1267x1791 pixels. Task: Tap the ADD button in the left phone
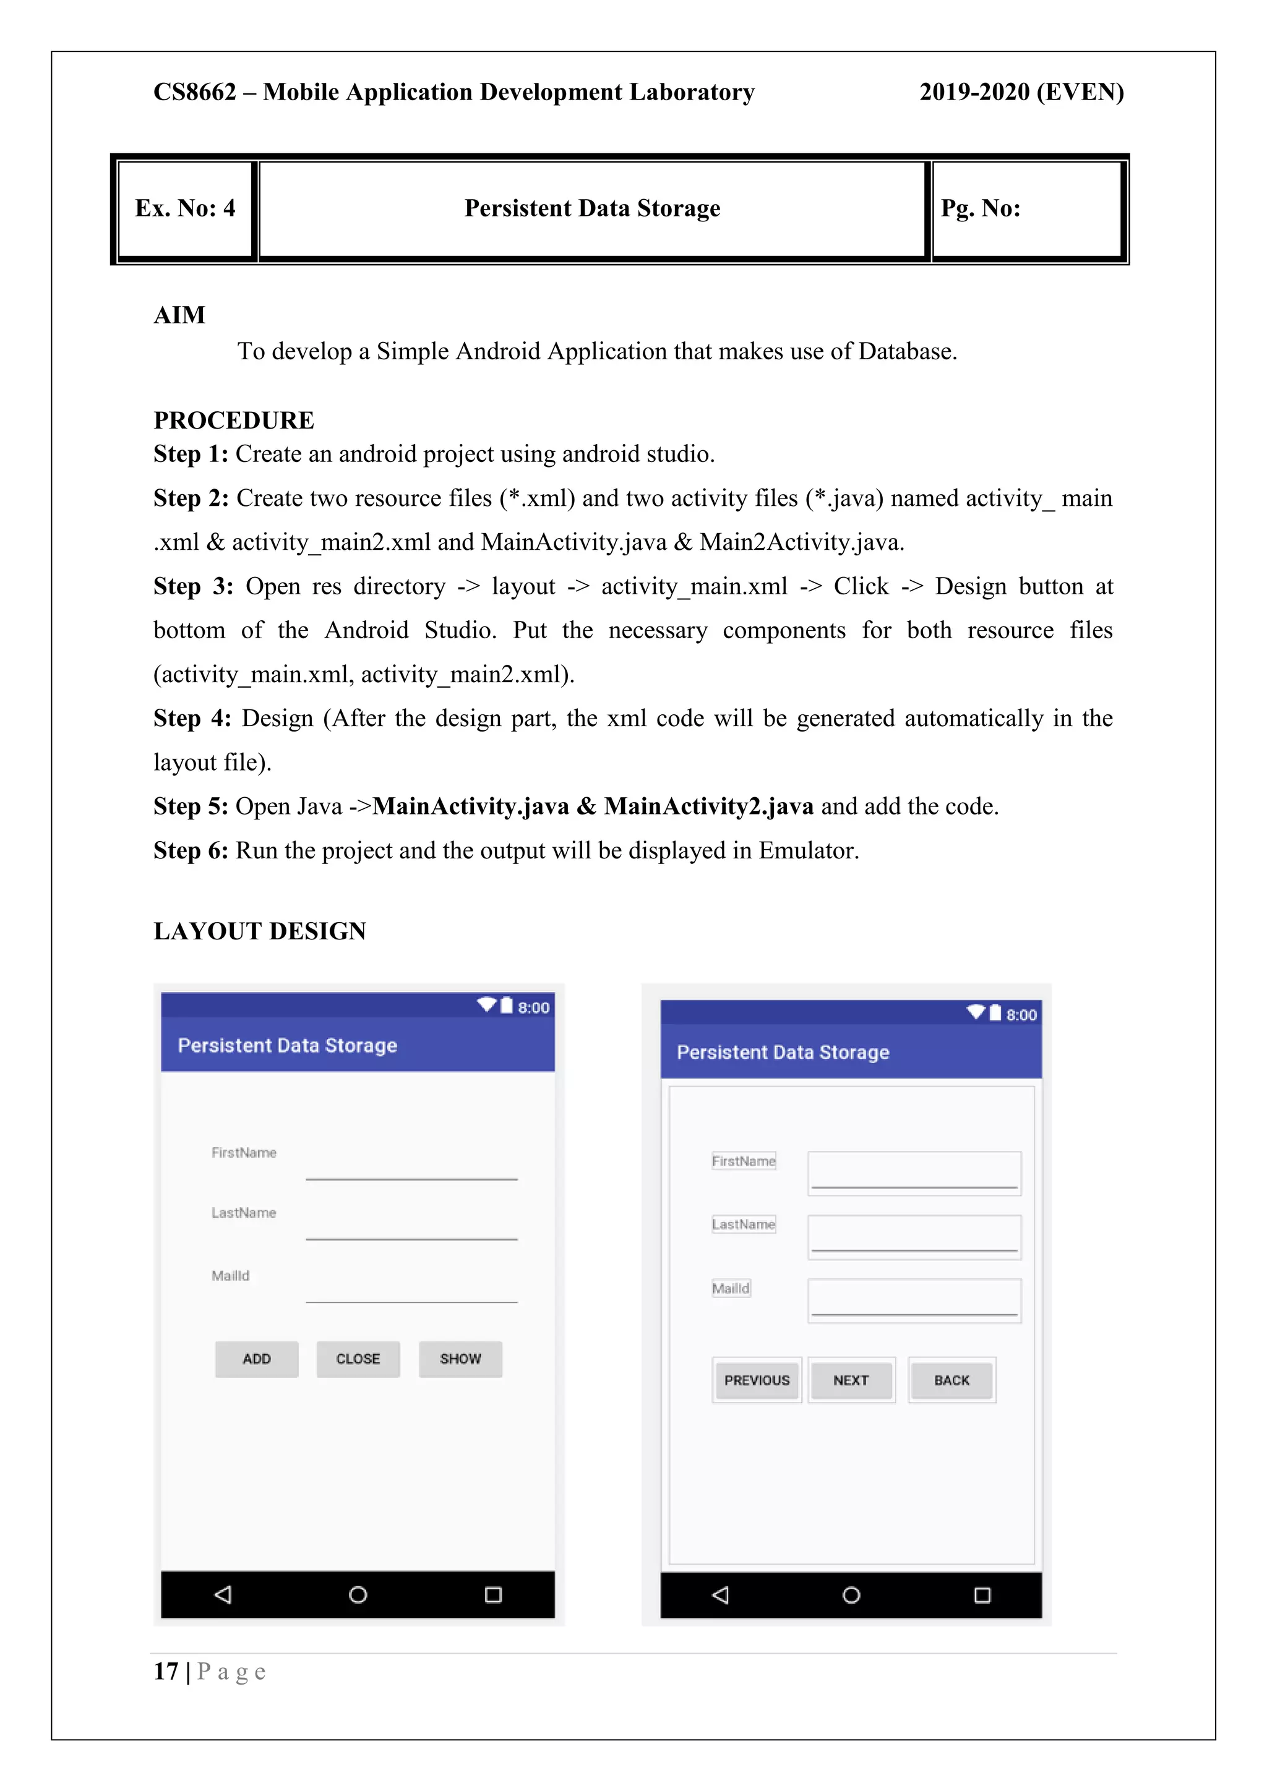257,1359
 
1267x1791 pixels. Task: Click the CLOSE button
358,1359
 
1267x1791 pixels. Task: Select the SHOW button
460,1359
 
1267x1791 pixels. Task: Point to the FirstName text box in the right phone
914,1173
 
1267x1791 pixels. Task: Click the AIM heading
179,315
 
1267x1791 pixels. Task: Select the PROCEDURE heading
233,421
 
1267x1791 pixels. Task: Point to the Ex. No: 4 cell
186,208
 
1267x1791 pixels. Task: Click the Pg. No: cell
981,208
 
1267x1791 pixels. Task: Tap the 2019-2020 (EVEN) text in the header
1021,92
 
